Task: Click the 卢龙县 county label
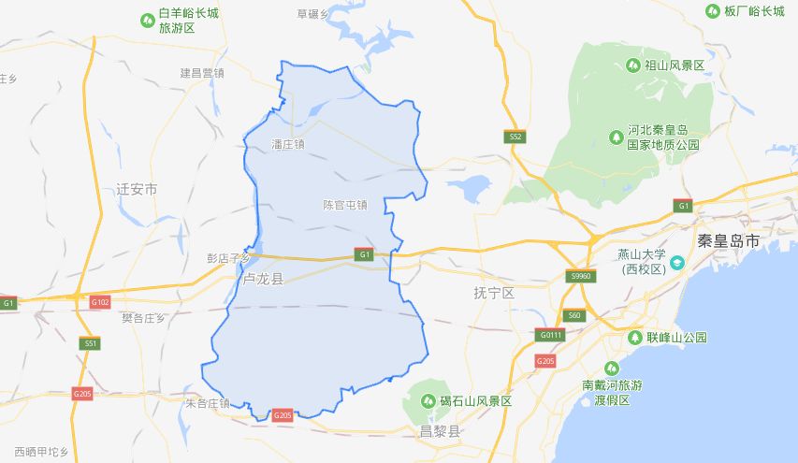point(262,280)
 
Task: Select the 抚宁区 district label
point(494,293)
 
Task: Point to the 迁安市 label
point(138,189)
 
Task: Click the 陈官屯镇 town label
point(345,204)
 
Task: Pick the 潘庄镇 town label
point(287,144)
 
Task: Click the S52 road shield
point(515,137)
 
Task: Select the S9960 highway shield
point(581,276)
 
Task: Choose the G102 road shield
point(100,302)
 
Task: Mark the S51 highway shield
point(90,343)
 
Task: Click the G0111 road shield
point(550,335)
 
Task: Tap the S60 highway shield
point(573,315)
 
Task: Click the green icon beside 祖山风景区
point(633,65)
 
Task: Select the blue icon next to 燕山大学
point(677,261)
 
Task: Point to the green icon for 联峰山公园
point(637,337)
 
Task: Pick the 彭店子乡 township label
point(228,257)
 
